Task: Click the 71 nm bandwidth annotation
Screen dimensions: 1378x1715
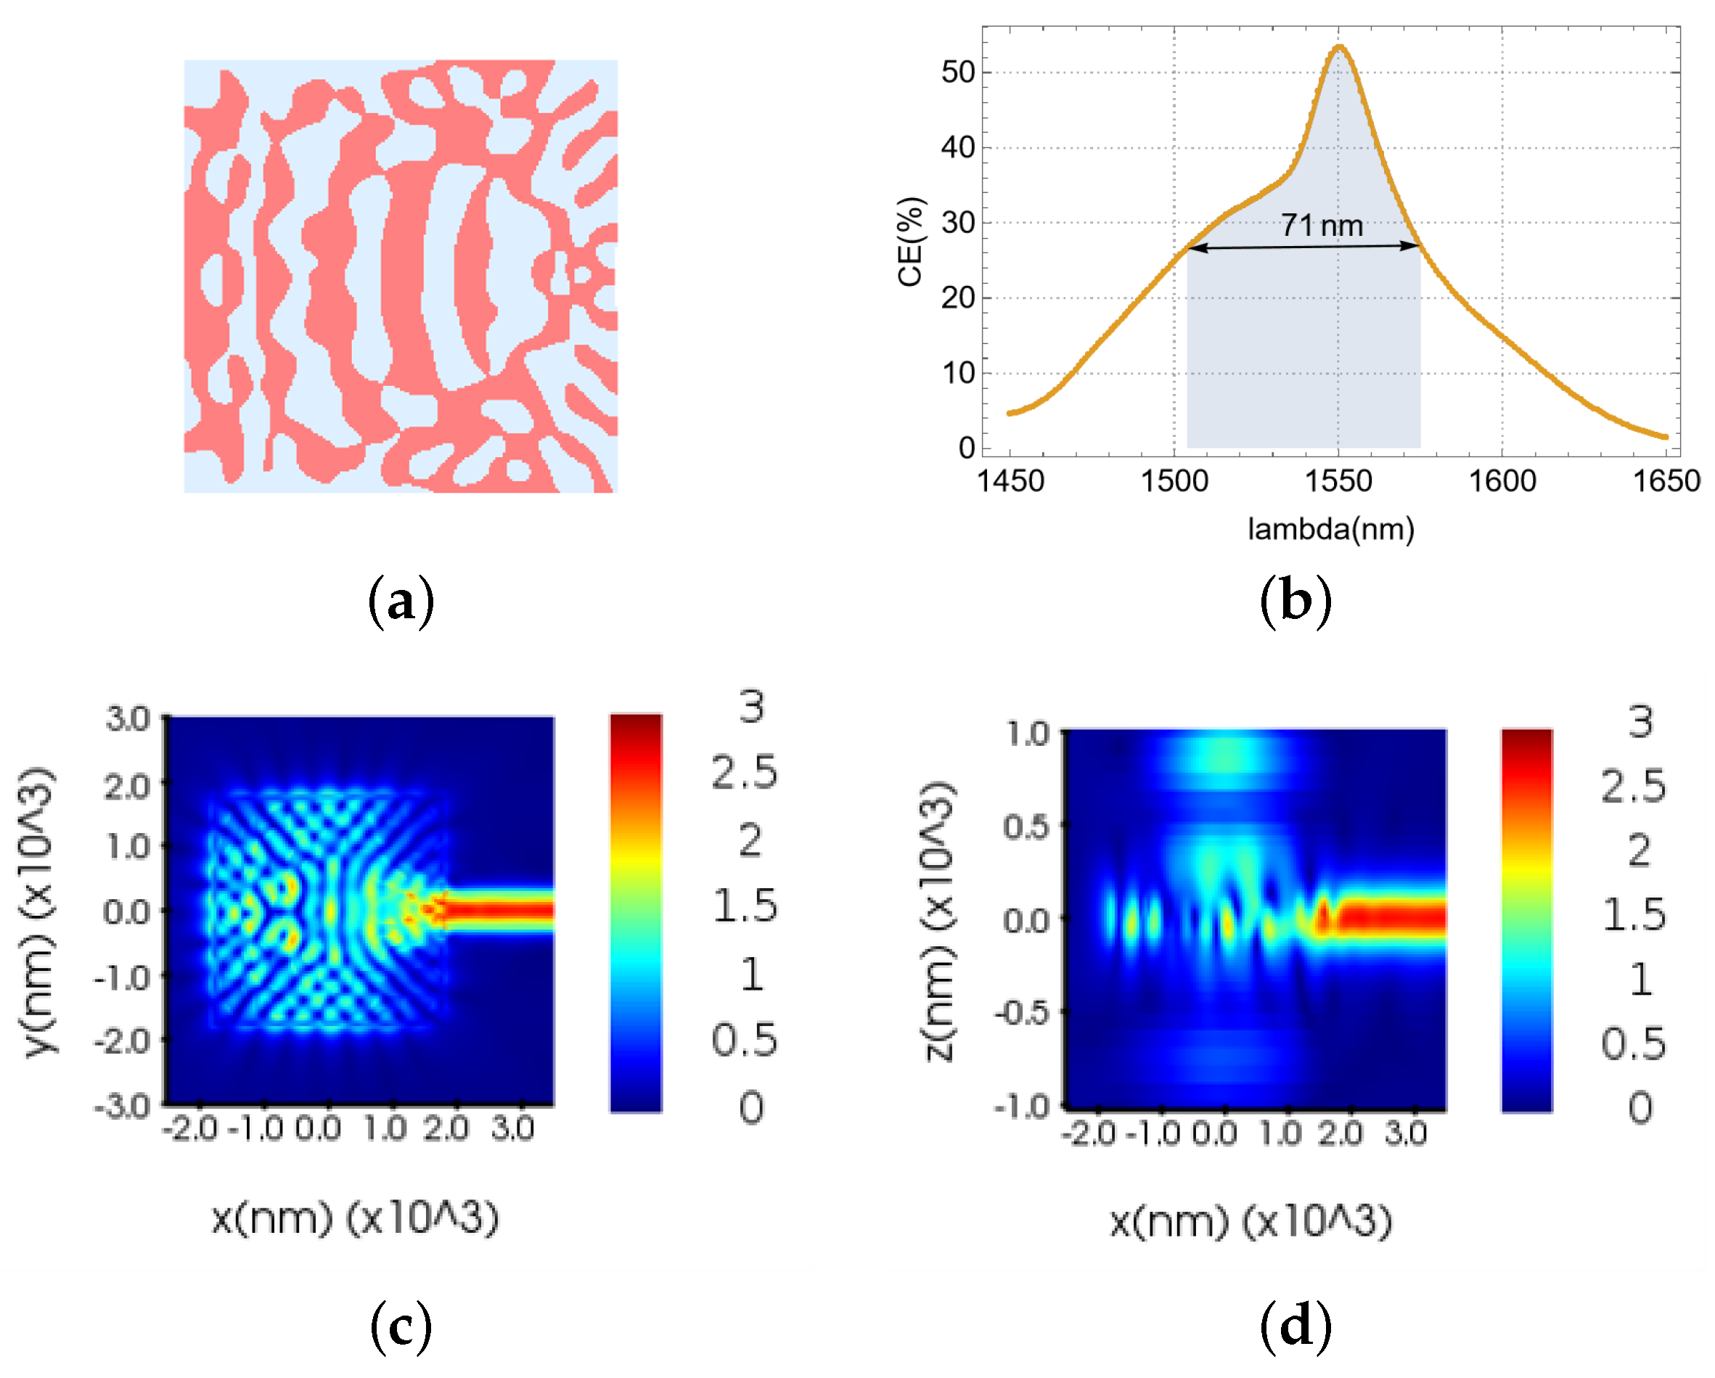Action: tap(1321, 226)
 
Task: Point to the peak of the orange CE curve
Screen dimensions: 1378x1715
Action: tap(1339, 47)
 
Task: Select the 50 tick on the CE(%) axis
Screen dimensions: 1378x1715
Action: tap(958, 73)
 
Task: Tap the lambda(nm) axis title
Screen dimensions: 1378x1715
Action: tap(1330, 529)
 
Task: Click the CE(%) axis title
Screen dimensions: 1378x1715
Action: tap(910, 241)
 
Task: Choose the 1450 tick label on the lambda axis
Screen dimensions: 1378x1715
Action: tap(1010, 481)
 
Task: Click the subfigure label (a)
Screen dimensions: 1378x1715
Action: tap(401, 602)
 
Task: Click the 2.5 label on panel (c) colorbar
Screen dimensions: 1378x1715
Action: tap(745, 773)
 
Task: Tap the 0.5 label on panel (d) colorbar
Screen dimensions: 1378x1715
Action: tap(1633, 1043)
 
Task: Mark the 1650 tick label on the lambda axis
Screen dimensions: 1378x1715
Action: tap(1666, 481)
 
